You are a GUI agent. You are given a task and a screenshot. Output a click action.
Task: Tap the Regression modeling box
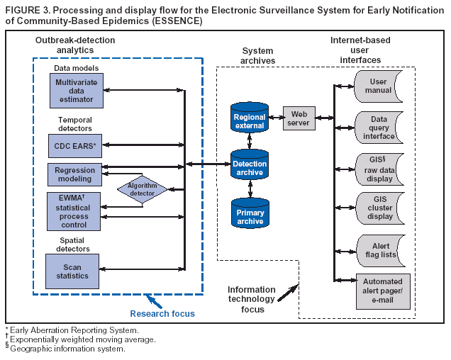click(74, 174)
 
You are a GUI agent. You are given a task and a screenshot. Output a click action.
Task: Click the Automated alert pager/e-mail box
click(383, 291)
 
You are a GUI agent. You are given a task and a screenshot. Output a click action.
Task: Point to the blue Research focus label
click(162, 313)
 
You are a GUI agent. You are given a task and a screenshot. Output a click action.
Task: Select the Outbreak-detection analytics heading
click(74, 45)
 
